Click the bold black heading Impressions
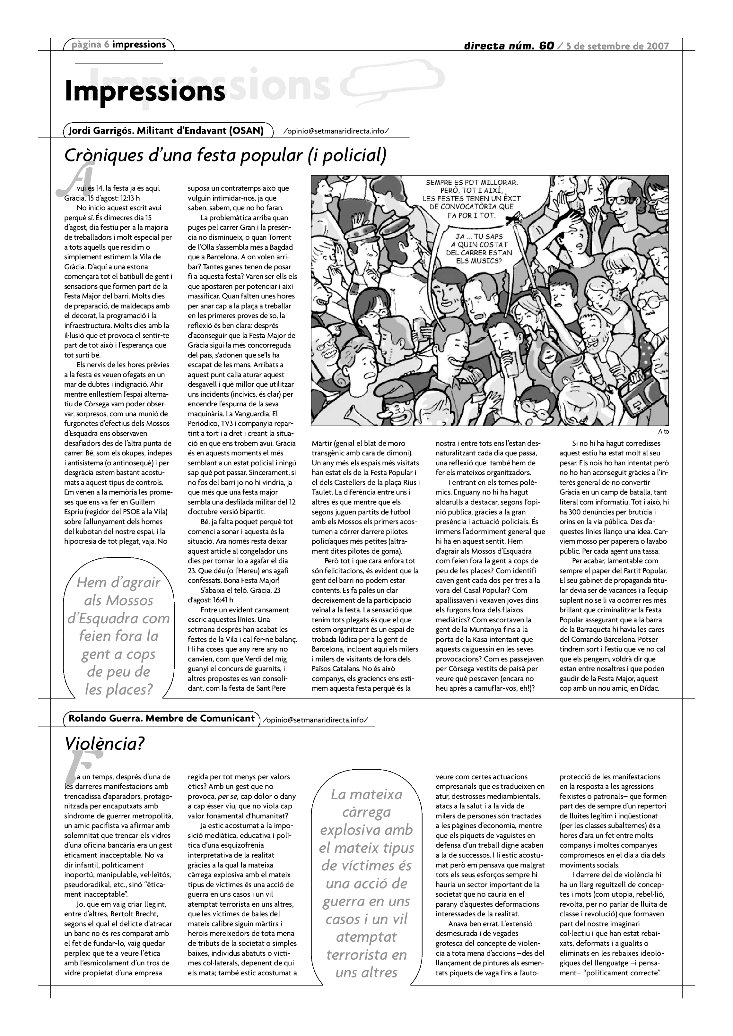(x=145, y=91)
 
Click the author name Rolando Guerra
(x=105, y=718)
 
